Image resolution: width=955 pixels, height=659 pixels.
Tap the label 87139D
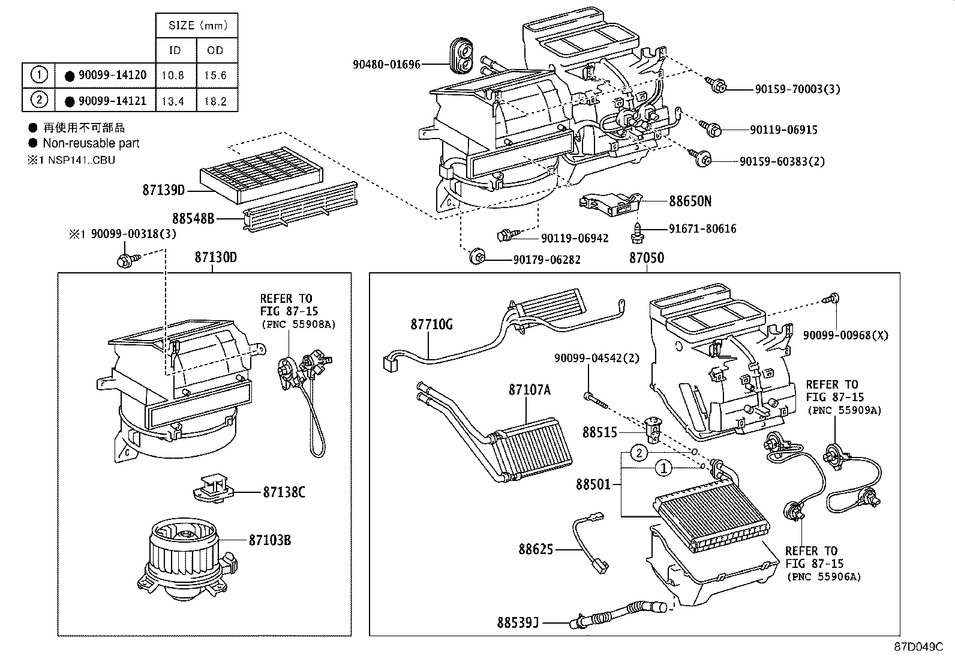163,191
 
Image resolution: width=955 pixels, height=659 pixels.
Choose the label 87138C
284,492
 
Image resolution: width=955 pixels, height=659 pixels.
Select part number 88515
599,432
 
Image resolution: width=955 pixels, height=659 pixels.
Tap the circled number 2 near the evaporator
639,453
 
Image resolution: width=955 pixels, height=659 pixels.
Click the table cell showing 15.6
215,76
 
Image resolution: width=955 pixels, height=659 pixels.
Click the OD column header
215,50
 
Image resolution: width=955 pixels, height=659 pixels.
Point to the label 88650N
690,201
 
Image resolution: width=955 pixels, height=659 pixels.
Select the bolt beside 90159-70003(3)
716,86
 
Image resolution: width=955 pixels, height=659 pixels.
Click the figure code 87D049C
918,648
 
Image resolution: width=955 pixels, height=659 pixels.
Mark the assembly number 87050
646,258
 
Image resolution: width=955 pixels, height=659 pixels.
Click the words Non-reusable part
91,143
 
